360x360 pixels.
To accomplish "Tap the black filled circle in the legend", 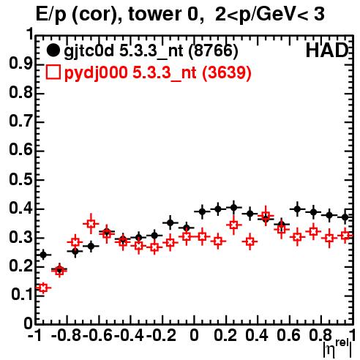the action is [x=53, y=50].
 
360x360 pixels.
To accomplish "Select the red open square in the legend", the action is [x=53, y=72].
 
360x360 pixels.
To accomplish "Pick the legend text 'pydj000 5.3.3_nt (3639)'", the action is [x=157, y=73].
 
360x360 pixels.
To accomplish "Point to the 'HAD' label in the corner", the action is [x=327, y=50].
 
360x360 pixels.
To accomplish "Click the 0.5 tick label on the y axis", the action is [x=21, y=180].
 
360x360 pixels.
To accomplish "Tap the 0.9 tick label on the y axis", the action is [x=21, y=64].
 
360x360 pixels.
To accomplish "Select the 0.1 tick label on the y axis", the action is [x=22, y=295].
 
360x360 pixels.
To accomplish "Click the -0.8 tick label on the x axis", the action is [x=66, y=335].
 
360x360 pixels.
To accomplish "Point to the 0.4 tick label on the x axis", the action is [x=257, y=335].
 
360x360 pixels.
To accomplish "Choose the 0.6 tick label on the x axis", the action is [x=289, y=335].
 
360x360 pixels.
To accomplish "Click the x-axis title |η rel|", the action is [x=337, y=349].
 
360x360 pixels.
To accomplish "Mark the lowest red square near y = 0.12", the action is [x=43, y=288].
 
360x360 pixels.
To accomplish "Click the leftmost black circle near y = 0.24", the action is [x=43, y=255].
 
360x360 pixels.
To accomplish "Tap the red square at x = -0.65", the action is [x=91, y=224].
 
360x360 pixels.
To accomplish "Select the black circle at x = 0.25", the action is [x=233, y=208].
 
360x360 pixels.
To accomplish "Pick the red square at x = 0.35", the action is [x=250, y=241].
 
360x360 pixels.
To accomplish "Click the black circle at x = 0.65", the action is [x=297, y=209].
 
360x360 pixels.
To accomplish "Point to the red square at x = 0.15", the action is [x=218, y=241].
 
